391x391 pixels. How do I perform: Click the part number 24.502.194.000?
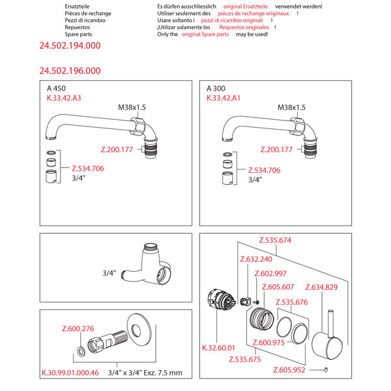pyautogui.click(x=70, y=46)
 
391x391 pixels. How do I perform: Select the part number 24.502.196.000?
pyautogui.click(x=70, y=70)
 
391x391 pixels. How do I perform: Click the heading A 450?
pyautogui.click(x=56, y=88)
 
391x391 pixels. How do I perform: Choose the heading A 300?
pyautogui.click(x=216, y=88)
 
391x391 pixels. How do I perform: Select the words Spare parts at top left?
pyautogui.click(x=80, y=35)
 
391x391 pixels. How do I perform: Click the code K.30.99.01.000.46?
pyautogui.click(x=71, y=373)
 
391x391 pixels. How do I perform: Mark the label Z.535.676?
pyautogui.click(x=291, y=302)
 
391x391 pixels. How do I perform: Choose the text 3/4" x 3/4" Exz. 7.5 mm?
pyautogui.click(x=144, y=373)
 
